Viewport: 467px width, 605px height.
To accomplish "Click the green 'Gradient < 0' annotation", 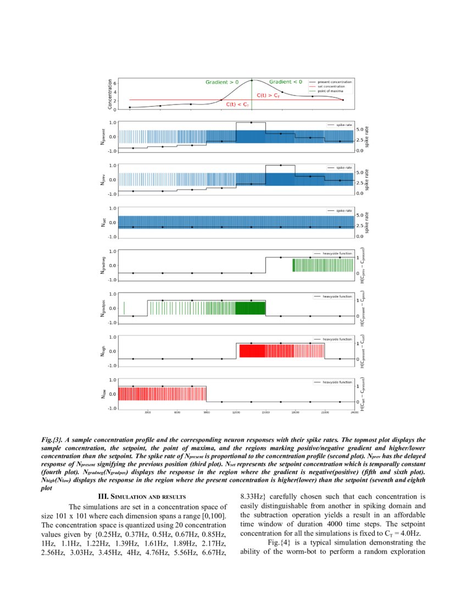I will [285, 82].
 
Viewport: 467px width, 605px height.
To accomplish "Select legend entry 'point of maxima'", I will [331, 91].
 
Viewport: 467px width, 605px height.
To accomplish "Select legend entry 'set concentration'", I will [331, 86].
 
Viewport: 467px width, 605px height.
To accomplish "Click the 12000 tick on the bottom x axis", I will [236, 412].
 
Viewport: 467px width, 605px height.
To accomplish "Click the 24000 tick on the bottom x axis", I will [354, 412].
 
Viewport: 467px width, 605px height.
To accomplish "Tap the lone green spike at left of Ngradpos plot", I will [124, 308].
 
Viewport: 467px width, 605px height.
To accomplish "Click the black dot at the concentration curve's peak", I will [252, 80].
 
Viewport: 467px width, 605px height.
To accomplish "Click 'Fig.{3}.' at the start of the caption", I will [52, 440].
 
